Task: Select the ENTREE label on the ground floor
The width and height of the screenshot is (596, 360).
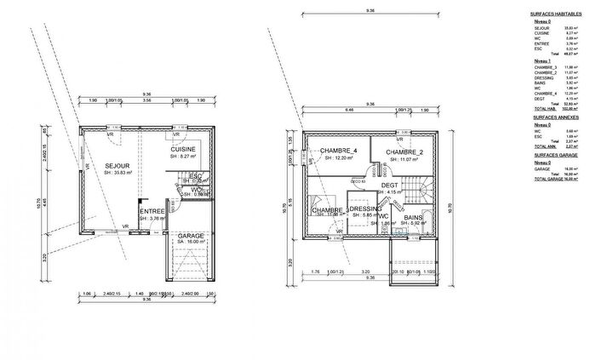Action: coord(153,210)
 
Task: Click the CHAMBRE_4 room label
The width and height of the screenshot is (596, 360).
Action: coord(339,151)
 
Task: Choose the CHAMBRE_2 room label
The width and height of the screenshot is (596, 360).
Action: coord(404,152)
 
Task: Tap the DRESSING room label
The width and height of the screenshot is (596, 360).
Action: coord(365,209)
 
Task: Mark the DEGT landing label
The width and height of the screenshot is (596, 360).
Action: coord(389,185)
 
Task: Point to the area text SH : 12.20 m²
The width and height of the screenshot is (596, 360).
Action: coord(339,159)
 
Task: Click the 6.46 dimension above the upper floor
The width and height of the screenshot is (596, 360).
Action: coord(324,108)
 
